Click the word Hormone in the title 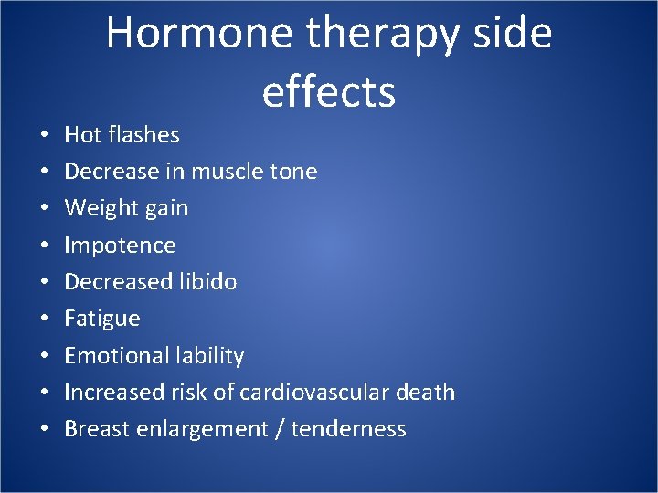[x=199, y=34]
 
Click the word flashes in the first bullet [x=143, y=135]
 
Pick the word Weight [x=96, y=209]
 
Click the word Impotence [x=120, y=246]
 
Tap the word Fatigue [x=102, y=319]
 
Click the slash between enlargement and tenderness [x=278, y=429]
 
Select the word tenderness [x=348, y=429]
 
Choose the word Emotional [x=115, y=355]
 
